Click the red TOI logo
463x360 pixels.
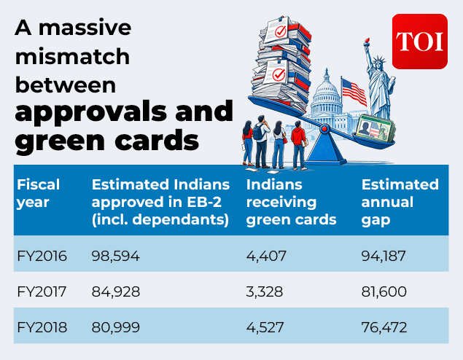419,42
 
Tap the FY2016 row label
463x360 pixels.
42,256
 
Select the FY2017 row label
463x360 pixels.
42,291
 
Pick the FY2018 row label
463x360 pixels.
42,327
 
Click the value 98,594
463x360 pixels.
115,256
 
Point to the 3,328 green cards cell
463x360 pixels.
264,291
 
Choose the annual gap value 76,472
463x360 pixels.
384,327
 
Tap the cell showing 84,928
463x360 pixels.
115,291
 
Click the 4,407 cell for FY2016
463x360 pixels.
266,256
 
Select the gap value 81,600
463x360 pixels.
384,291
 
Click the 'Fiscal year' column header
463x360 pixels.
38,193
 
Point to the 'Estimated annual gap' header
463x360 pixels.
400,202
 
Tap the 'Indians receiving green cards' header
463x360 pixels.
291,202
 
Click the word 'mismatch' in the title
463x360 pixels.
72,56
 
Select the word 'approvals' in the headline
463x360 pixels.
91,112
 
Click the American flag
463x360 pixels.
354,92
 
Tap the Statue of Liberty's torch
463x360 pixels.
367,42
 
